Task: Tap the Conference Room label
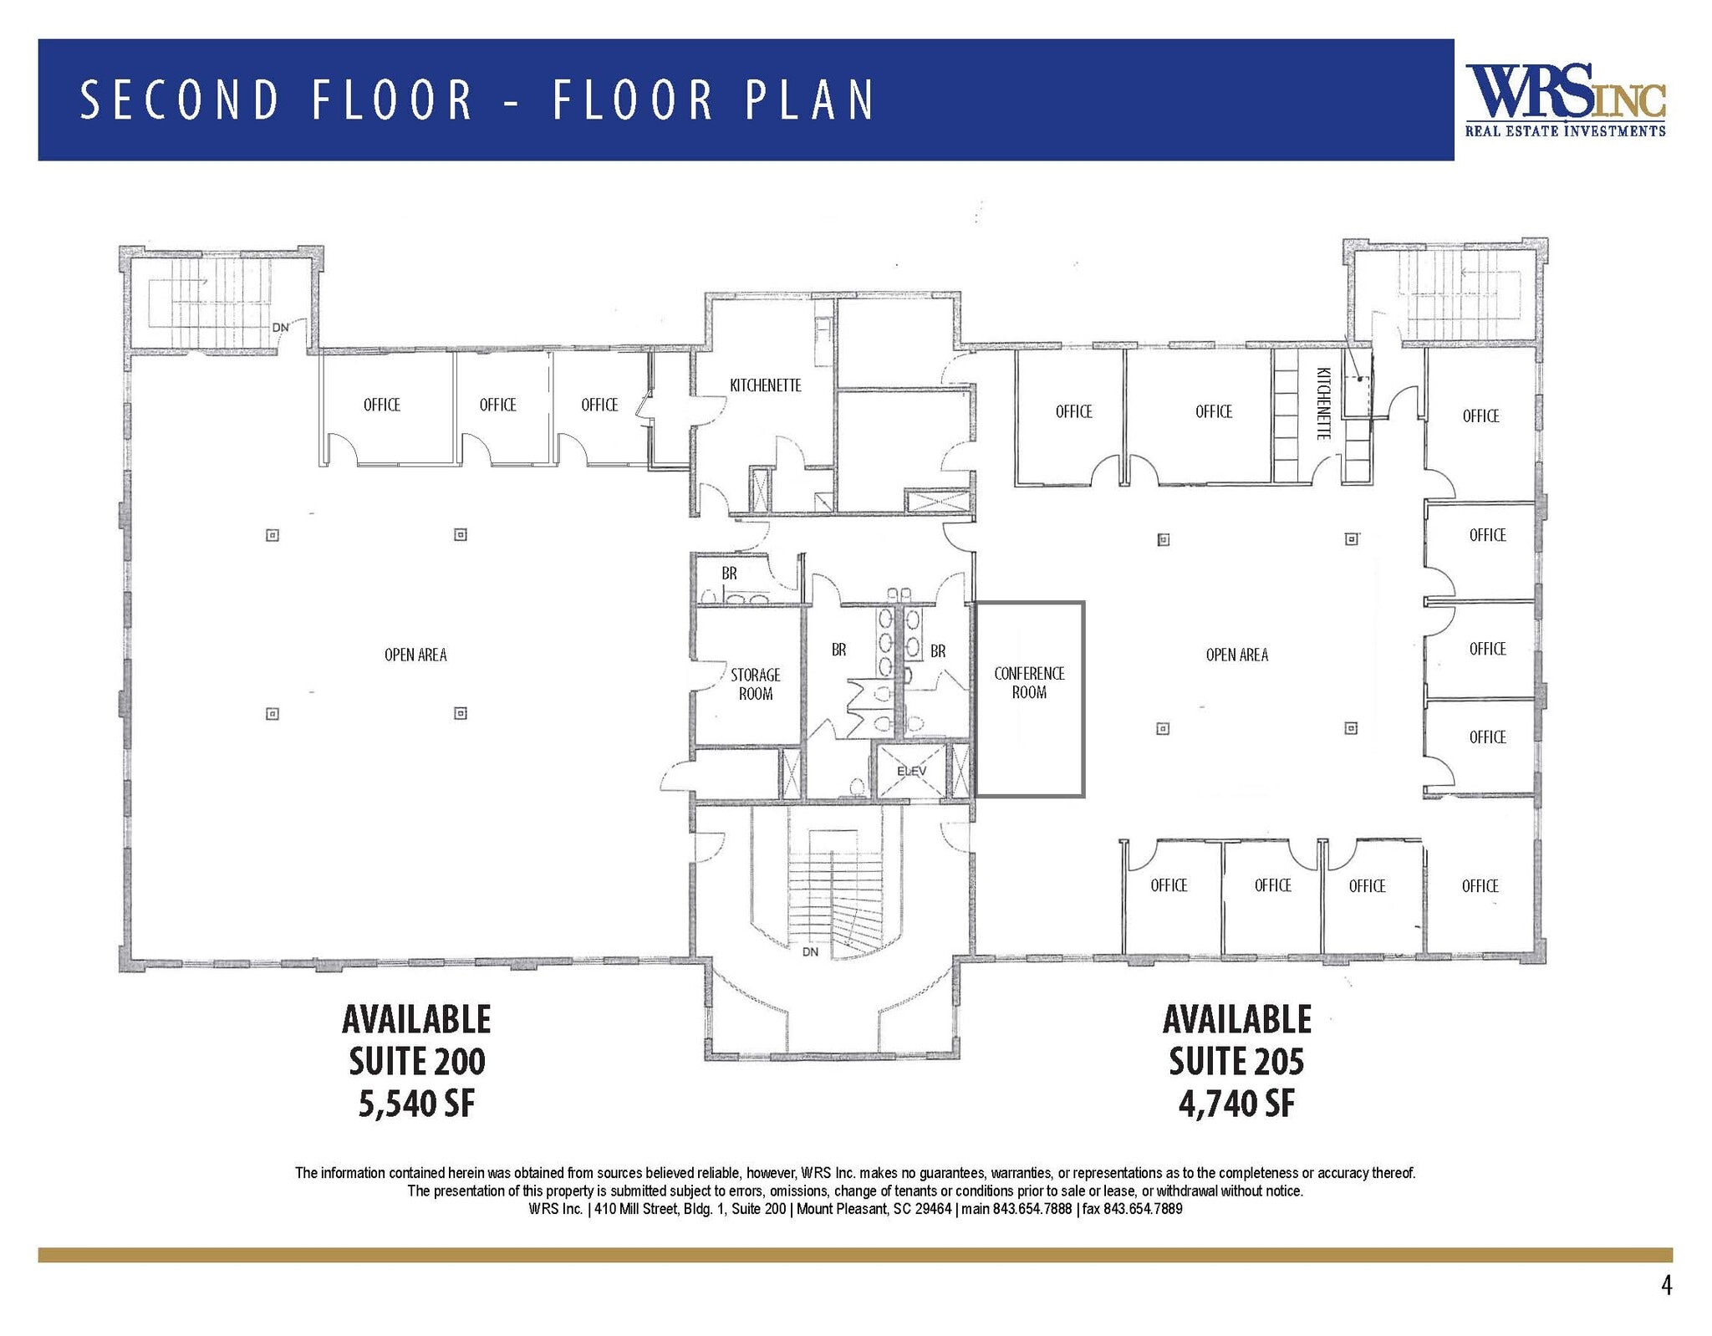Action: (x=1029, y=683)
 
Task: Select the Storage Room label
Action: (x=755, y=684)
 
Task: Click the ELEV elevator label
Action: (x=911, y=771)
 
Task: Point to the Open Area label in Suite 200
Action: (x=415, y=655)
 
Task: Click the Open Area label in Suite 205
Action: (x=1236, y=655)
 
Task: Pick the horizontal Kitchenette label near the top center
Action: (x=765, y=385)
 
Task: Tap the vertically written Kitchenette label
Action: (x=1322, y=404)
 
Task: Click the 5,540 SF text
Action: (x=416, y=1104)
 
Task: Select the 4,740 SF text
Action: (x=1236, y=1104)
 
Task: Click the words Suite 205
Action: (x=1236, y=1061)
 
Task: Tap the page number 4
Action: (x=1666, y=1286)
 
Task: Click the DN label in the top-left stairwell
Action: (x=280, y=327)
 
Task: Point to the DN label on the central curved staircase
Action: (x=810, y=951)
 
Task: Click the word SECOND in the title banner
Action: (x=179, y=99)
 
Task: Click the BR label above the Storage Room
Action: (x=729, y=574)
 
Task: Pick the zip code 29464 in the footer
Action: (x=934, y=1209)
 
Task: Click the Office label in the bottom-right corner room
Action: (x=1480, y=885)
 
